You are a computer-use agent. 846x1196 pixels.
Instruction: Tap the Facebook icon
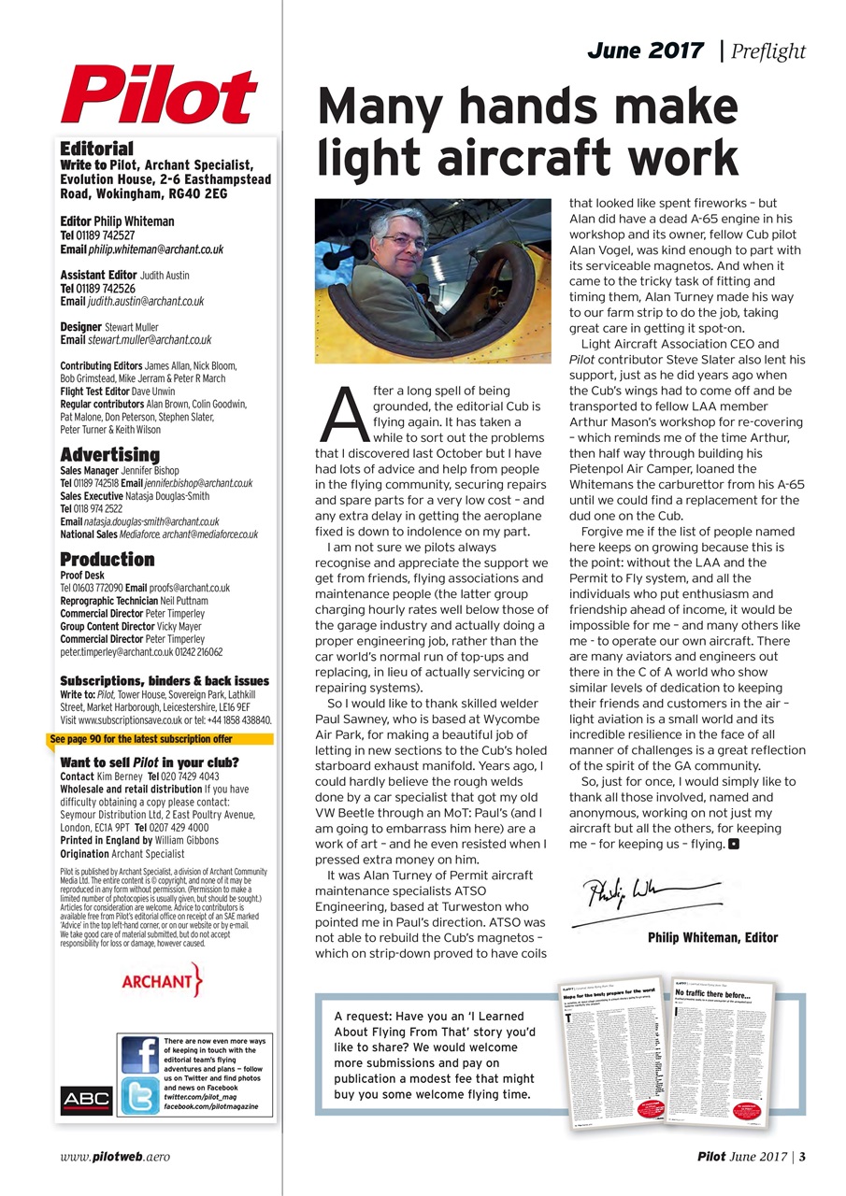click(x=140, y=1054)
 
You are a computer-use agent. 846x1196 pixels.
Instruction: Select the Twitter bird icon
click(x=140, y=1096)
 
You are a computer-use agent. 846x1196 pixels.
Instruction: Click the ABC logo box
click(x=86, y=1099)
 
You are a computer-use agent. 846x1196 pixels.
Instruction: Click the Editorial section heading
click(x=96, y=149)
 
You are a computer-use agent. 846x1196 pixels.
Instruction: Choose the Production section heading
click(x=107, y=559)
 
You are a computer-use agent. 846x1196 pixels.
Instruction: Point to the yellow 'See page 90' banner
click(x=151, y=738)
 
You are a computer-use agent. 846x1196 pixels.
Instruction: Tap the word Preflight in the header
click(x=769, y=50)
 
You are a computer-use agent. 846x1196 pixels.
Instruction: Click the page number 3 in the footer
click(x=802, y=1156)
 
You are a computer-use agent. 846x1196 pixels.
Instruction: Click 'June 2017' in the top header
click(x=645, y=50)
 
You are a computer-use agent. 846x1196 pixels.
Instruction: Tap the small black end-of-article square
click(x=734, y=844)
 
